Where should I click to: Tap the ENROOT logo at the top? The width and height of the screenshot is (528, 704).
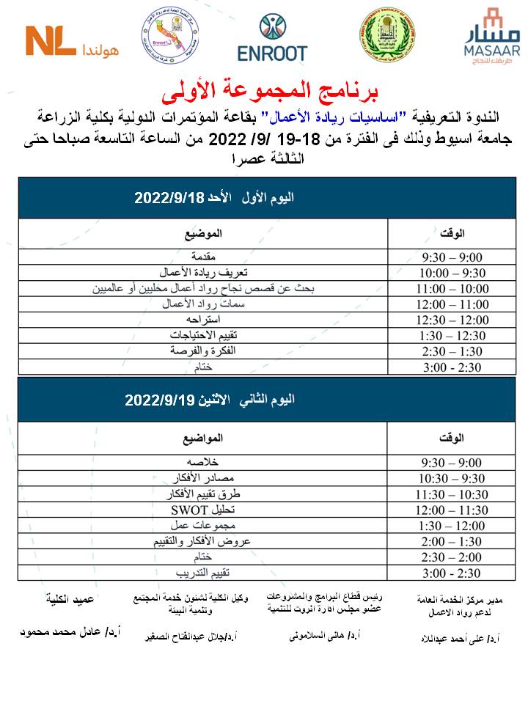point(272,38)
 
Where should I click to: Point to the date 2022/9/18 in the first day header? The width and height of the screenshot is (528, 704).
point(169,198)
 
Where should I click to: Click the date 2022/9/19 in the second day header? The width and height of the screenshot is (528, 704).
point(159,400)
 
